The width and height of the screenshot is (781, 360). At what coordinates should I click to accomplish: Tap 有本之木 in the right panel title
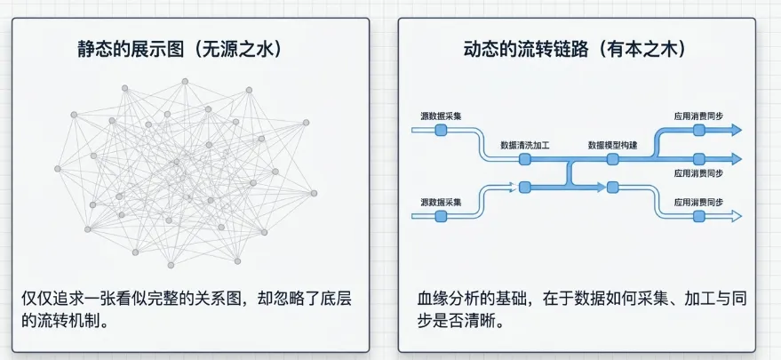[x=643, y=50]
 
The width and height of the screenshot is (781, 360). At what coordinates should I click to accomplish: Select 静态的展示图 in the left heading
[x=131, y=50]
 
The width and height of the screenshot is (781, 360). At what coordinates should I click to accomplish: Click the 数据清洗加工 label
[x=525, y=146]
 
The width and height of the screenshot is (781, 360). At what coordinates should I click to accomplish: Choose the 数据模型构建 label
[x=613, y=146]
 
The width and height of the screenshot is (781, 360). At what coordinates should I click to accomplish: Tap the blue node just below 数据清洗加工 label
[x=525, y=159]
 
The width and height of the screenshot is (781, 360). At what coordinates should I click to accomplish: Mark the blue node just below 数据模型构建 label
[x=613, y=159]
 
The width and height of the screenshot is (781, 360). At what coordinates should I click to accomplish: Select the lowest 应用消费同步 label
[x=699, y=203]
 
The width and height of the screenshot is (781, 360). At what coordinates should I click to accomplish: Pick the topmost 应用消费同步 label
[x=699, y=116]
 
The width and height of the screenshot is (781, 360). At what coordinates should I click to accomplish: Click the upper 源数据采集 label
[x=441, y=116]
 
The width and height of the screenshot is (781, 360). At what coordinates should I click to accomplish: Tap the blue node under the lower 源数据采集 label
[x=441, y=216]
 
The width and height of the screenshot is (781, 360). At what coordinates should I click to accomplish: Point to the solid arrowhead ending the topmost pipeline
[x=737, y=130]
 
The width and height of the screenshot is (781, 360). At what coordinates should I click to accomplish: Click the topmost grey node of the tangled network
[x=185, y=81]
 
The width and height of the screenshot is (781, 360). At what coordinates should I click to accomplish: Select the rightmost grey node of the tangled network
[x=314, y=193]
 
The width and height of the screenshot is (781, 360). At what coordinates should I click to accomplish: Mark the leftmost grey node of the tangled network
[x=57, y=169]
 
